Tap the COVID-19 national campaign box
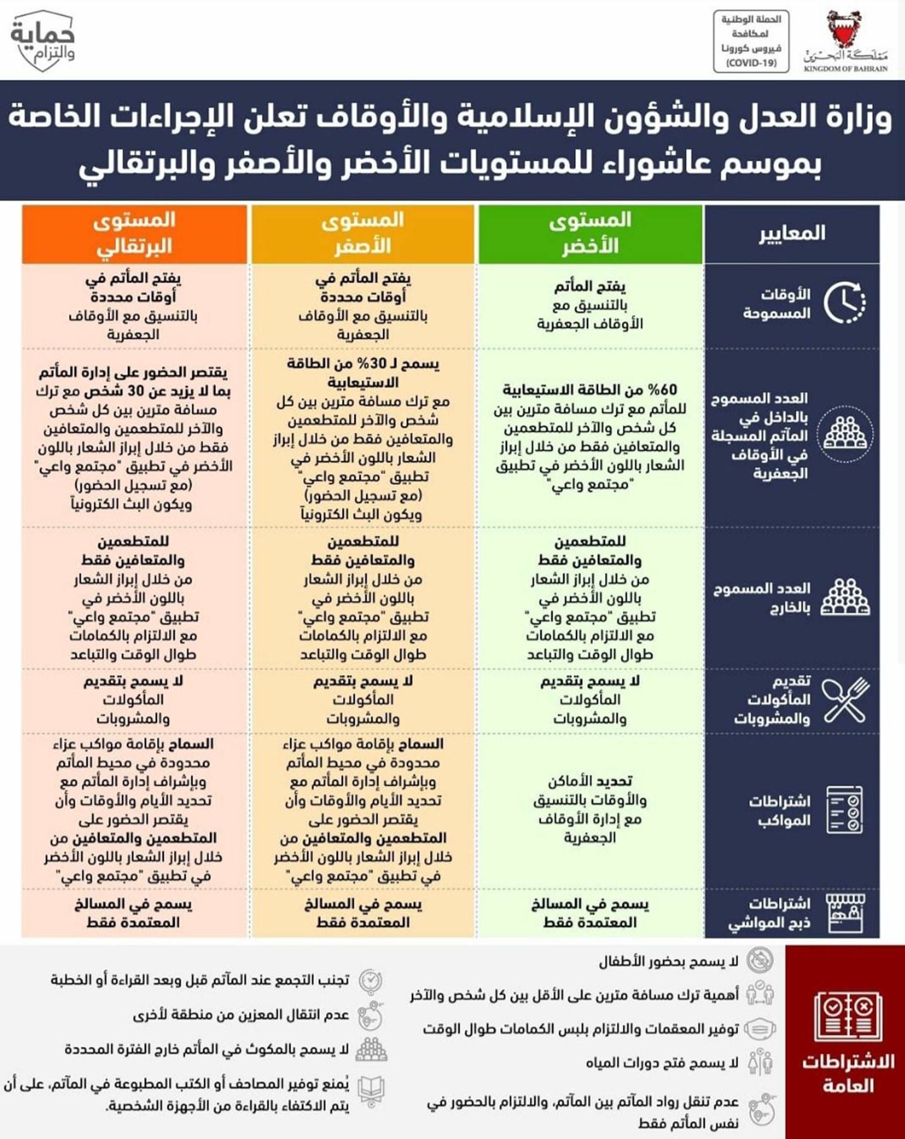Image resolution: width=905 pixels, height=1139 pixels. point(751,41)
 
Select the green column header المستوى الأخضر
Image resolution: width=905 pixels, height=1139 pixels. point(590,233)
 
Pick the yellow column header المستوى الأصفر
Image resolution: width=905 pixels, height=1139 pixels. point(363,233)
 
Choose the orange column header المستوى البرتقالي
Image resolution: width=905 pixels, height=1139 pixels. point(134,233)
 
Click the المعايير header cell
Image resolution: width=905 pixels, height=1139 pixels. point(792,233)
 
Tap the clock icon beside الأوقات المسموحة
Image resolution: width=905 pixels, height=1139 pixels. point(844,302)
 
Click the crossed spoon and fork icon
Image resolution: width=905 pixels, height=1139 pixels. point(846,700)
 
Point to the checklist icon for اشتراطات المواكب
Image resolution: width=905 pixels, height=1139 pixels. point(846,810)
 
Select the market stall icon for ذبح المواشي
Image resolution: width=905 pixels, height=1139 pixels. point(846,912)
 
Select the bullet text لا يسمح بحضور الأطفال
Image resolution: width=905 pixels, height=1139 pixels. point(668,962)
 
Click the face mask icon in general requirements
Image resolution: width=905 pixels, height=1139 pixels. point(759,1029)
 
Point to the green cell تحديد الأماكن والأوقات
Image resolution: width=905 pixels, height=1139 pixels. point(590,809)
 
